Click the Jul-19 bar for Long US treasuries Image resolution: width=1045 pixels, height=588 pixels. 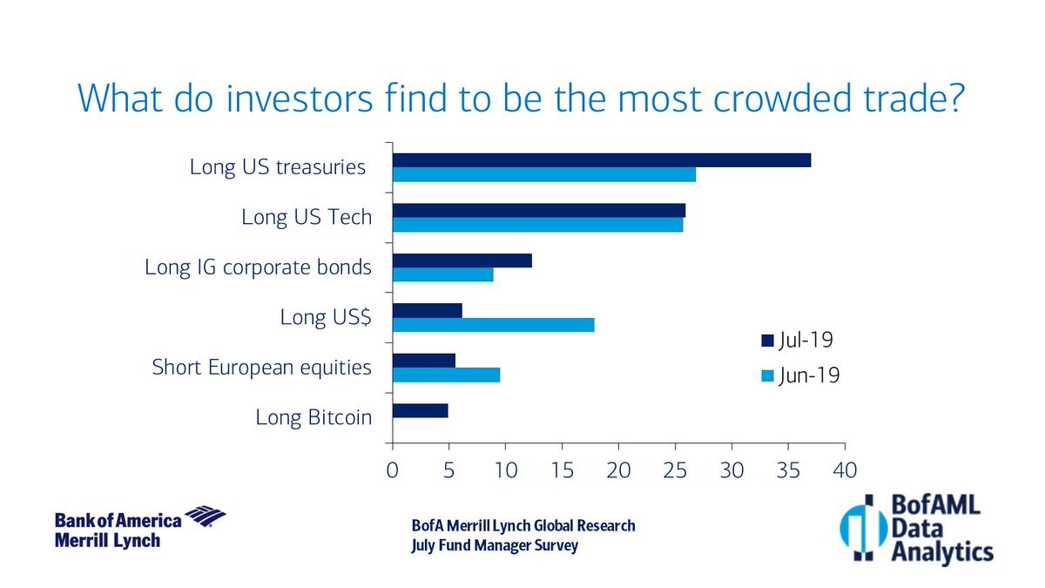tap(601, 160)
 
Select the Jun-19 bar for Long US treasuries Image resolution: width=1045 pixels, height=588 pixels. tap(544, 175)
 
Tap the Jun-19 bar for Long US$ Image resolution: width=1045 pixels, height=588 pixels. tap(493, 325)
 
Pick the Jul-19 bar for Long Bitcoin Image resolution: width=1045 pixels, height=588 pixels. tap(420, 410)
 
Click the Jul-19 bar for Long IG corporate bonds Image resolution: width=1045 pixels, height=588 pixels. tap(462, 260)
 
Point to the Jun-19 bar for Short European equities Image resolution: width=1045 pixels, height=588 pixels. tap(446, 375)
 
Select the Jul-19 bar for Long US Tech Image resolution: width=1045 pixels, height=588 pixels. tap(538, 211)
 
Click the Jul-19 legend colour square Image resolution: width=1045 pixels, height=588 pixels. tap(766, 340)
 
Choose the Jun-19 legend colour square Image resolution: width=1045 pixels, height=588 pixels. tap(766, 376)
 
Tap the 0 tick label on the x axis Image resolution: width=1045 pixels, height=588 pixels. tap(393, 470)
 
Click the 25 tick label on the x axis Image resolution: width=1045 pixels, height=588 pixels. tap(675, 470)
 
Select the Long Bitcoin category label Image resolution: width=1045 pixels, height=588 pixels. tap(313, 417)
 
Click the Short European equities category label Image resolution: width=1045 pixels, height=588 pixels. tap(261, 368)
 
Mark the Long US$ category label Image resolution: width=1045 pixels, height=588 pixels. tap(326, 317)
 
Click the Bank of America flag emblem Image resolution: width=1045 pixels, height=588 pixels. tap(206, 516)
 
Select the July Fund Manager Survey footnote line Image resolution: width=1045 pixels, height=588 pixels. tap(495, 546)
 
